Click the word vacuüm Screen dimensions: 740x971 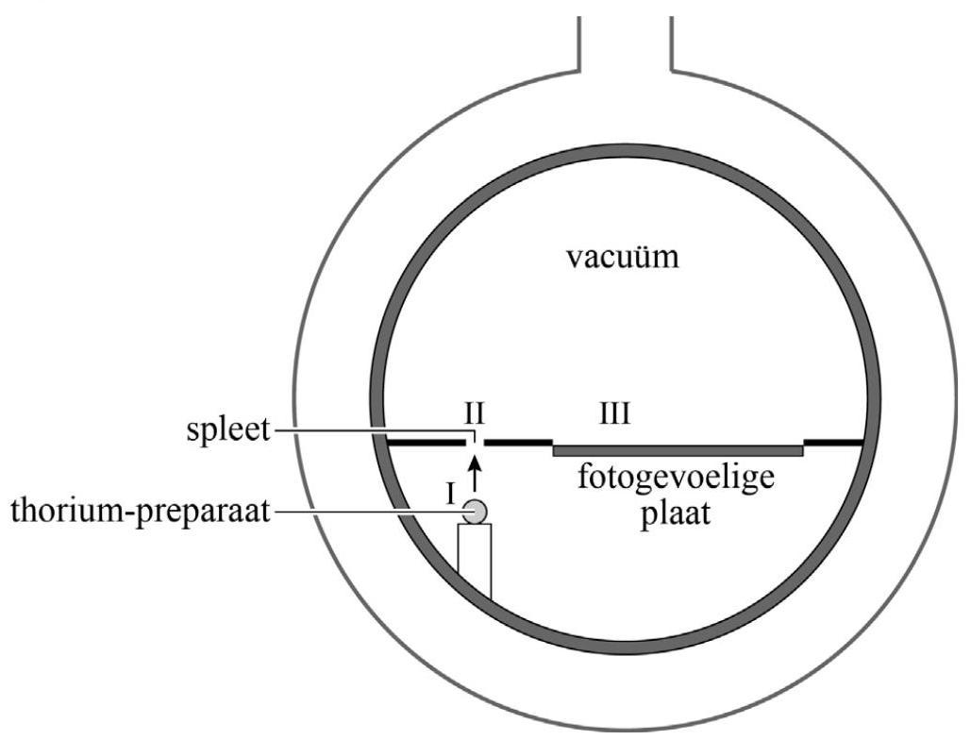pos(622,257)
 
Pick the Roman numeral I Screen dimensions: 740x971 pos(452,492)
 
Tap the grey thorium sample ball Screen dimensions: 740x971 pos(476,512)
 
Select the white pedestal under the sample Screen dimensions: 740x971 pos(475,561)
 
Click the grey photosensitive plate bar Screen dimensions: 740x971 pos(678,450)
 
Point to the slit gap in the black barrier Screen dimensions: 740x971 pos(477,441)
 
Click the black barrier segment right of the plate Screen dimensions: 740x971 pos(833,441)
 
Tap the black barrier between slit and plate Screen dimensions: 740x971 pos(517,441)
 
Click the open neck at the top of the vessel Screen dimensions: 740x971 pos(624,38)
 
